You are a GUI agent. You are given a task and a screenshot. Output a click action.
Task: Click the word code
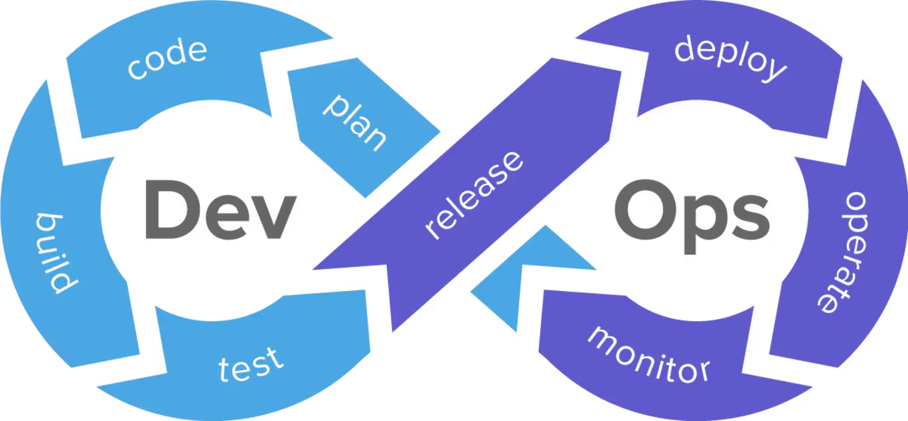coord(166,59)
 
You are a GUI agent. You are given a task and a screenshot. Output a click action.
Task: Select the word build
coord(51,253)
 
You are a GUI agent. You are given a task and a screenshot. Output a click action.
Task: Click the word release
coord(473,195)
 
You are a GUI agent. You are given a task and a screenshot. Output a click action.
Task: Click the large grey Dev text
coord(220,211)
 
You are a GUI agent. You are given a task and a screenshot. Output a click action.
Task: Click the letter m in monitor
coord(605,339)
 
